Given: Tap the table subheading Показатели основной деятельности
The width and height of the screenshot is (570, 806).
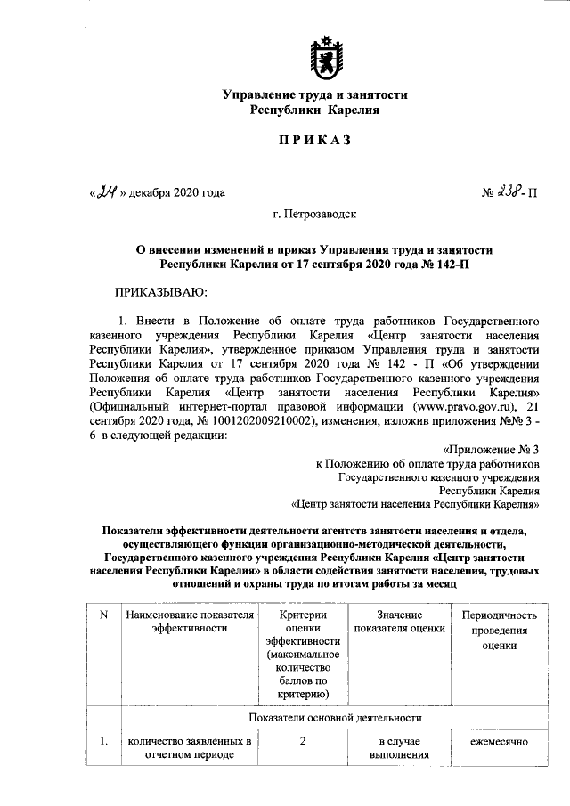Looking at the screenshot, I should (335, 717).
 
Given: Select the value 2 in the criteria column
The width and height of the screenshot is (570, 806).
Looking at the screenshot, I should (303, 741).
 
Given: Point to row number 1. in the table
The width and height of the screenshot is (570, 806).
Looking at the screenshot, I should (103, 741).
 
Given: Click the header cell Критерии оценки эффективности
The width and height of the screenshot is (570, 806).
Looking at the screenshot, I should (303, 654).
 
